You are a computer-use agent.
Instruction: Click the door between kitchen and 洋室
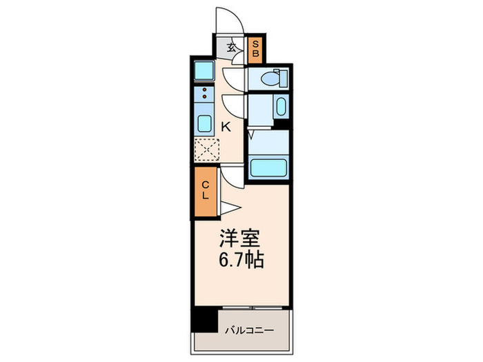point(233,177)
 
